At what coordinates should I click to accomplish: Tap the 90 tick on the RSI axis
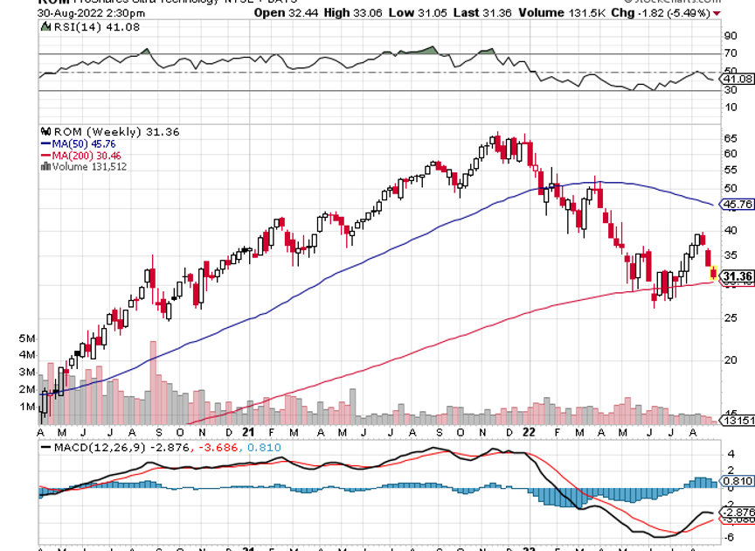(x=729, y=37)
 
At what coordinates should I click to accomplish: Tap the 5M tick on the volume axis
(x=26, y=338)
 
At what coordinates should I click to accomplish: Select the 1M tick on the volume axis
(x=26, y=407)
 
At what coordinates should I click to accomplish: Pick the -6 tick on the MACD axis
(x=729, y=537)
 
